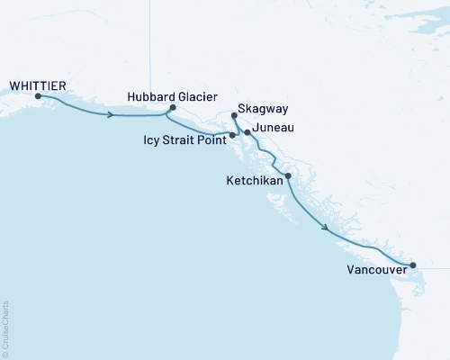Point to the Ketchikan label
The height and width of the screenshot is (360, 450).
click(254, 181)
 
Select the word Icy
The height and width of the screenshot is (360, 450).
click(152, 140)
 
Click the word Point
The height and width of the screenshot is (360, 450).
click(211, 140)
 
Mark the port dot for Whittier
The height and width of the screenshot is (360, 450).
click(38, 95)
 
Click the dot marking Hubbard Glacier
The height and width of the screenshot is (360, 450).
click(172, 108)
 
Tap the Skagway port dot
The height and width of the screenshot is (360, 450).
click(233, 116)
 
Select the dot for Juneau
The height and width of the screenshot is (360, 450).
click(247, 132)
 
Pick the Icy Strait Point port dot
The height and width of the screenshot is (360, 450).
click(233, 135)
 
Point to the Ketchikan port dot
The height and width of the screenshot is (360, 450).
click(288, 176)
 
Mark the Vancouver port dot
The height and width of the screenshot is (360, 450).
click(413, 265)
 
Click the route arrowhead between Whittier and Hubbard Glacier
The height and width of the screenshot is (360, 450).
click(111, 114)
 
